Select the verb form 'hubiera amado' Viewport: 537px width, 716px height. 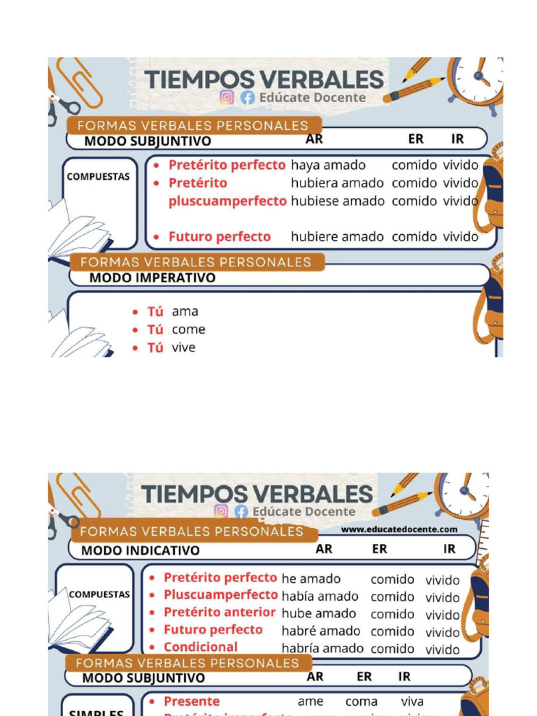click(x=337, y=183)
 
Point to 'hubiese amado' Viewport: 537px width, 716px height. click(x=337, y=201)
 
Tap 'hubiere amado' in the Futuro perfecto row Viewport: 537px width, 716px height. click(x=337, y=237)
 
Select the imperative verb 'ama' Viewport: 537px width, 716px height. click(x=185, y=312)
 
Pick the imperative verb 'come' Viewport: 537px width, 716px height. click(x=189, y=330)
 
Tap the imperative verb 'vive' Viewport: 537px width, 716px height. click(x=184, y=348)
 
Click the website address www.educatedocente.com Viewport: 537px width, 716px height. click(x=399, y=529)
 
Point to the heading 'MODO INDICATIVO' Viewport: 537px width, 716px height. click(x=141, y=550)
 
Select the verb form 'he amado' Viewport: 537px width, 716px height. click(x=310, y=579)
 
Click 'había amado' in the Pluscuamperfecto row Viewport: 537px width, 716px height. click(x=320, y=596)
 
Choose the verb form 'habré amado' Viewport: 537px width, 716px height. click(x=321, y=631)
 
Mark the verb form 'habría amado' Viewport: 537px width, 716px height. click(x=322, y=648)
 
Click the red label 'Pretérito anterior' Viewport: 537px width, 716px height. click(x=220, y=613)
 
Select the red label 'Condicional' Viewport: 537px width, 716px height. click(x=201, y=647)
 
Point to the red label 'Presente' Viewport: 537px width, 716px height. click(x=192, y=701)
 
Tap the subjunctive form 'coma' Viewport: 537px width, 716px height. click(x=361, y=701)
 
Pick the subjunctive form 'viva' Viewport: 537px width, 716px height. click(x=412, y=701)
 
